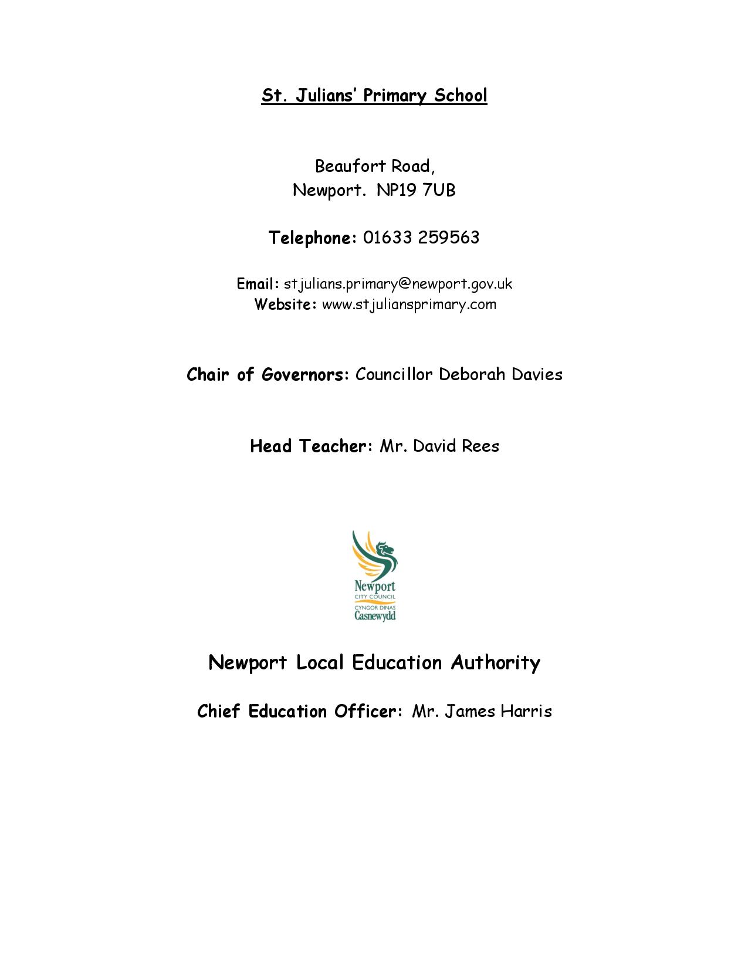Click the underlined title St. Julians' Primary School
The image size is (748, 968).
tap(374, 95)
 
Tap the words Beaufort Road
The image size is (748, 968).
tap(374, 167)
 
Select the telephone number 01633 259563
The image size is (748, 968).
tap(421, 238)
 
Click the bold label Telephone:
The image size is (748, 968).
tap(312, 238)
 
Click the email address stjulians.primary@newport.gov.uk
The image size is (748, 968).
tap(398, 284)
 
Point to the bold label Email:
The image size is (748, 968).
tap(258, 284)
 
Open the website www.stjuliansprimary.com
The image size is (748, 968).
tap(409, 304)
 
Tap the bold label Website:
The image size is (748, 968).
tap(285, 304)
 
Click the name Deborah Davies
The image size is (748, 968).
tap(500, 374)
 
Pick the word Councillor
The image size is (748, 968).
tap(394, 374)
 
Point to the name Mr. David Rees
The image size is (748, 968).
tap(439, 446)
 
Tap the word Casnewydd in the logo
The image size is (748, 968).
tap(375, 615)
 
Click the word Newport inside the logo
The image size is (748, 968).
tap(375, 586)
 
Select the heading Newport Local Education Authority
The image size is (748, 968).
tap(374, 662)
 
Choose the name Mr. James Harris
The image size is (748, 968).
tap(482, 711)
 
